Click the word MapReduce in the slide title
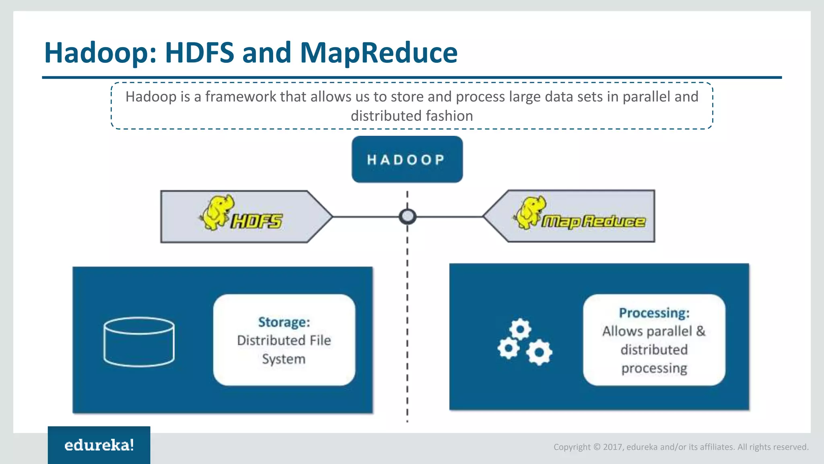pyautogui.click(x=379, y=53)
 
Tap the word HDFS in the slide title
pyautogui.click(x=200, y=53)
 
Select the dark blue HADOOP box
pyautogui.click(x=407, y=159)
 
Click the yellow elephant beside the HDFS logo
pyautogui.click(x=217, y=212)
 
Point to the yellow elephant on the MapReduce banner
pyautogui.click(x=531, y=212)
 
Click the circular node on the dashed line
pyautogui.click(x=407, y=217)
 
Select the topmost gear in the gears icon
pyautogui.click(x=520, y=329)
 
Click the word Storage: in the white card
pyautogui.click(x=284, y=322)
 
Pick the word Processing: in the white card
pyautogui.click(x=654, y=313)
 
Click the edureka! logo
pyautogui.click(x=99, y=445)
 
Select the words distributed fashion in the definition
pyautogui.click(x=412, y=116)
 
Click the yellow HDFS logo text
pyautogui.click(x=257, y=221)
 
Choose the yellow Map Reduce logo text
pyautogui.click(x=593, y=221)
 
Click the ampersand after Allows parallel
pyautogui.click(x=700, y=331)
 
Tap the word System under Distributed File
pyautogui.click(x=284, y=359)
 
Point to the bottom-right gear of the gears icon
pyautogui.click(x=539, y=352)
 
